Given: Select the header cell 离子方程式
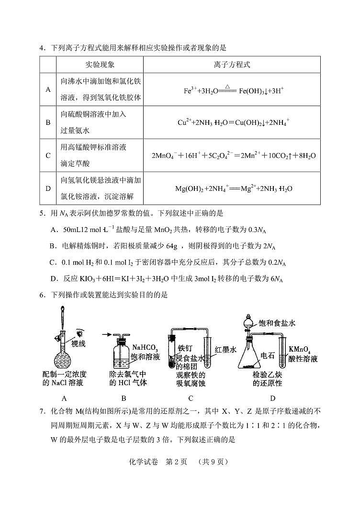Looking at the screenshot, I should (x=236, y=64).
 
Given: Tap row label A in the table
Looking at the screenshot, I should (x=48, y=89).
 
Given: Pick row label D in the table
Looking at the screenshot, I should (x=48, y=188).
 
